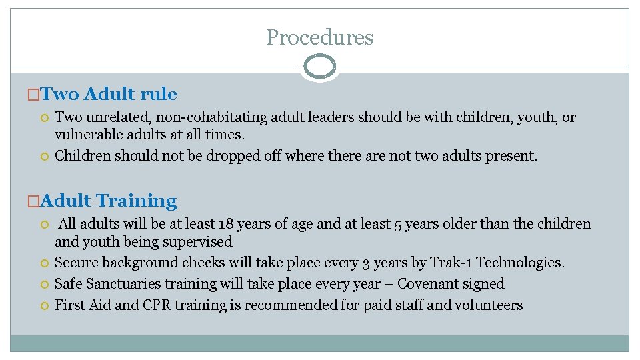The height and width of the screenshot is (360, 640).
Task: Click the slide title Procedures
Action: point(319,37)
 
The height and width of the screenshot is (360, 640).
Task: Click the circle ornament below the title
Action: point(319,67)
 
